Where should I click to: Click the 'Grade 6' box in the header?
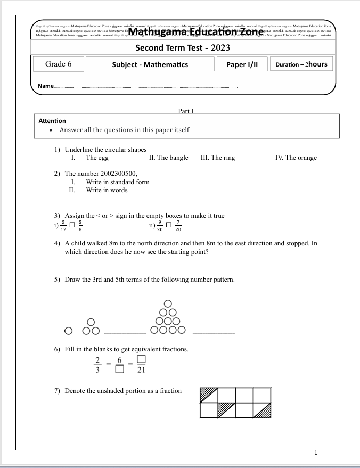coord(59,64)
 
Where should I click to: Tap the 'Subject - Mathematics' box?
coord(150,64)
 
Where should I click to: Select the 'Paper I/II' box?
coord(242,64)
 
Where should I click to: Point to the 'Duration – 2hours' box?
coord(301,64)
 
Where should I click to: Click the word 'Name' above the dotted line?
coord(46,86)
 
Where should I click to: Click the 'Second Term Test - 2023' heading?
coord(183,48)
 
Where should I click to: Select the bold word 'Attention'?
coord(52,121)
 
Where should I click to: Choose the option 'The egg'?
coord(97,158)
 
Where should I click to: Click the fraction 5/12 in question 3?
coord(64,226)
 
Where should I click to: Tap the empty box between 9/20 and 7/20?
coord(169,225)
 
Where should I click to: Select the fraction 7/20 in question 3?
coord(178,226)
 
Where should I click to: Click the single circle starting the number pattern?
coord(68,331)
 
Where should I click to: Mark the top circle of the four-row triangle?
coord(168,303)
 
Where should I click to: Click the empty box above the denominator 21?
coord(141,359)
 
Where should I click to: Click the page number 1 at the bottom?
coord(316,453)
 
